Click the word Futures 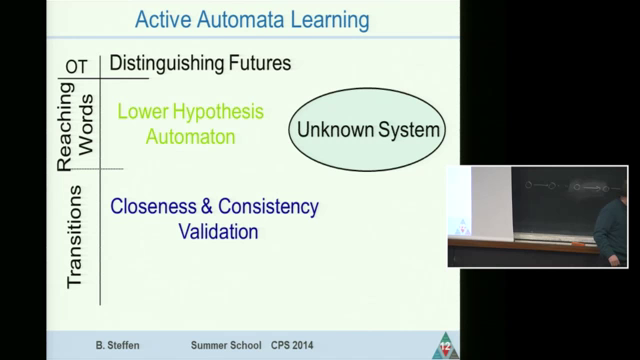pyautogui.click(x=257, y=63)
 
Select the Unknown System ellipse pyautogui.click(x=366, y=129)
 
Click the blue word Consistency pyautogui.click(x=266, y=207)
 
